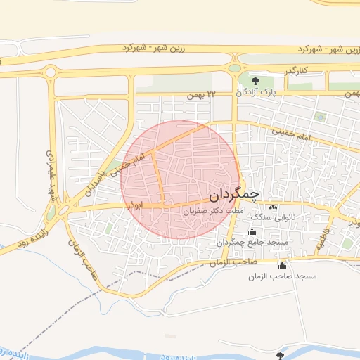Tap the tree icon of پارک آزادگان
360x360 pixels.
tap(255, 82)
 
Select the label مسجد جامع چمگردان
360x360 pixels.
tap(252, 243)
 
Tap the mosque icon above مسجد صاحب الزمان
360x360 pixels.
tap(283, 265)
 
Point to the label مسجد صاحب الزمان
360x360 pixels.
tap(282, 276)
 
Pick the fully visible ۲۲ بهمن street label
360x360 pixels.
tap(198, 94)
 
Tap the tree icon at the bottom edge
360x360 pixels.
tap(282, 356)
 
